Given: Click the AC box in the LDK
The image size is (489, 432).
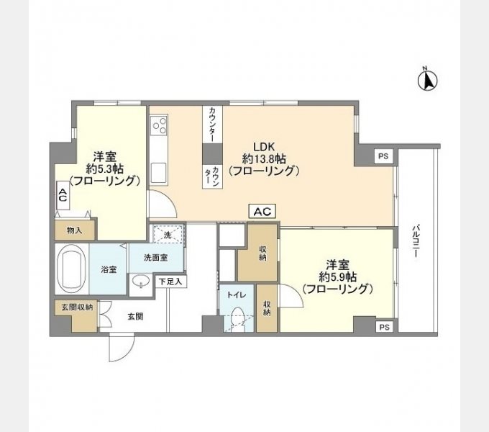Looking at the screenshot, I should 262,211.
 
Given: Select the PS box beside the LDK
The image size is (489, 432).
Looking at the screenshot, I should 383,156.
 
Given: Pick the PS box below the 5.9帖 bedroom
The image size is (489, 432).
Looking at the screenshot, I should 383,326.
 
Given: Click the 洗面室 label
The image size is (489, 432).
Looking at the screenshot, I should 155,258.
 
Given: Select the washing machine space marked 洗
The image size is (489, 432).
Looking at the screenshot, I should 167,235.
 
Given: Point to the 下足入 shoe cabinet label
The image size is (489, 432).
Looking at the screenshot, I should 171,282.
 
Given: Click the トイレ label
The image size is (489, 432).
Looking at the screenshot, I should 237,295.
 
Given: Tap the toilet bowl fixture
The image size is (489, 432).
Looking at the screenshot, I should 237,318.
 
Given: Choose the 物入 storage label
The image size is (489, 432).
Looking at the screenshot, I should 74,230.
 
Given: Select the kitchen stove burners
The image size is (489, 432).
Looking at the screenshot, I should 158,127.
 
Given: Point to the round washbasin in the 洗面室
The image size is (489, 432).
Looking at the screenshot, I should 142,281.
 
